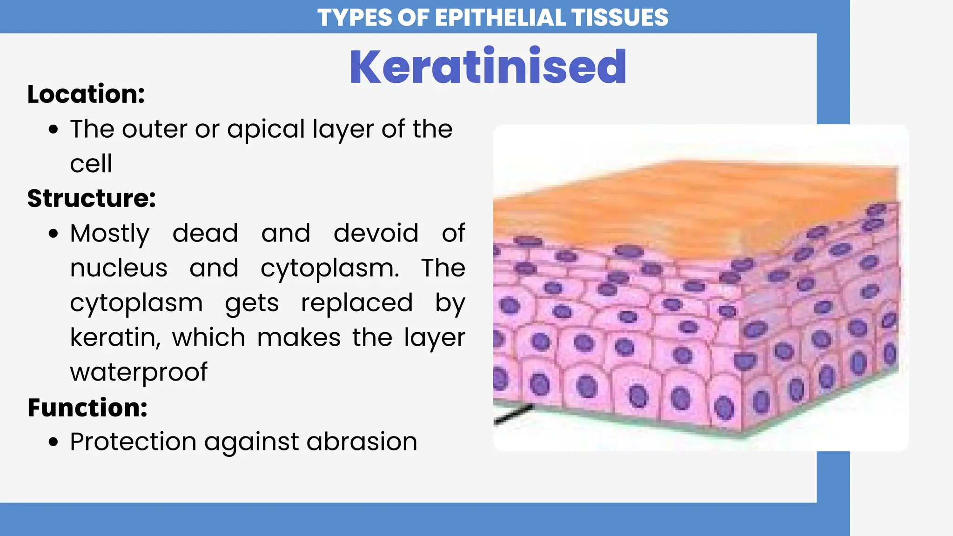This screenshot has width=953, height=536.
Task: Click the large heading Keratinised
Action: click(488, 67)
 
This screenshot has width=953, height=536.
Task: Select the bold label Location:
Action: click(86, 94)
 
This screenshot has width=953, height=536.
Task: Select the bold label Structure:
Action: click(91, 198)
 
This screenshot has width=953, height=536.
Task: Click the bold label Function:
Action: click(87, 408)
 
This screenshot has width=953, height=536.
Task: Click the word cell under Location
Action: click(91, 164)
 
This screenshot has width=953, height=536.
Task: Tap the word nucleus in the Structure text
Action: click(119, 268)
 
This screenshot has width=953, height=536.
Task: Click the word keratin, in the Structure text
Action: click(115, 337)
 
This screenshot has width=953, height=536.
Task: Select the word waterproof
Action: click(139, 372)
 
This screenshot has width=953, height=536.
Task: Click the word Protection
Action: click(133, 441)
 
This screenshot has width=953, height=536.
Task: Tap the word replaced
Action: click(357, 303)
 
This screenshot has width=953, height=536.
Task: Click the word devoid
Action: click(376, 233)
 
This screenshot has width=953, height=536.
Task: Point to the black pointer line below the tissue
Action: click(513, 414)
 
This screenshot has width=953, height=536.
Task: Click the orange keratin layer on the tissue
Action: click(675, 205)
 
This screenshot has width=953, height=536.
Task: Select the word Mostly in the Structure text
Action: click(110, 234)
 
